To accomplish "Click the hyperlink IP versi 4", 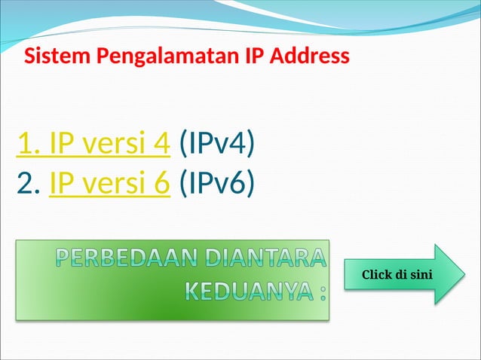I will coord(93,143).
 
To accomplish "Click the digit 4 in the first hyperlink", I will coord(160,143).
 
